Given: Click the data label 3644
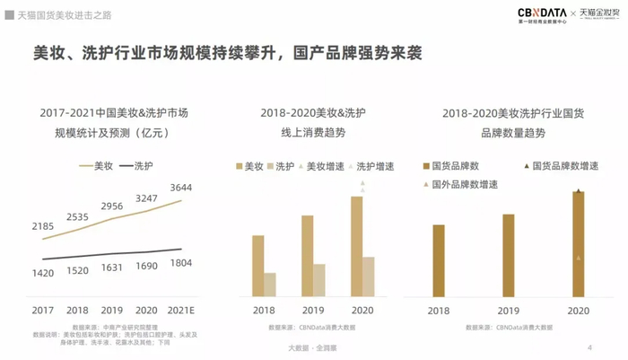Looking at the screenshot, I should point(179,188).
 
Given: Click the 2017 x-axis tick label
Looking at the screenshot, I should point(42,310).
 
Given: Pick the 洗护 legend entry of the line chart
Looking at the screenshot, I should point(135,165).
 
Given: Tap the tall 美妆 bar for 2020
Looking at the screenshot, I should point(356,246).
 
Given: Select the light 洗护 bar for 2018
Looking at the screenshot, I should point(270,284).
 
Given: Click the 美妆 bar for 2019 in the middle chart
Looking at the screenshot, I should point(308,256).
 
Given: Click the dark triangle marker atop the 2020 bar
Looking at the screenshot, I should point(579,190).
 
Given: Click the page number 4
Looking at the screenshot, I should point(589,347).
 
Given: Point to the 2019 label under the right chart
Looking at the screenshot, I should point(509,310).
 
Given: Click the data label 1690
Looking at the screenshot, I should point(146,267).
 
